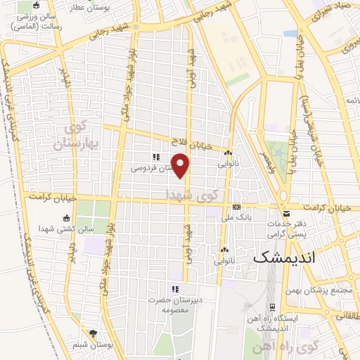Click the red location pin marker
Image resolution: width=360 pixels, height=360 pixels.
click(x=181, y=166)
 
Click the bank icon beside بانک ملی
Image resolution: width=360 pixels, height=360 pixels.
click(x=236, y=207)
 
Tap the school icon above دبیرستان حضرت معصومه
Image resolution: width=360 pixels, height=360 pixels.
click(x=175, y=289)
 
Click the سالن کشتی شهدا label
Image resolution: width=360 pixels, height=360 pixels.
click(x=71, y=229)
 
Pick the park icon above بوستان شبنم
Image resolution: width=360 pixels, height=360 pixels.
click(x=92, y=335)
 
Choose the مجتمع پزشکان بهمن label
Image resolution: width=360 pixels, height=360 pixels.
click(x=319, y=290)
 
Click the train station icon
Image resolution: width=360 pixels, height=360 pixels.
click(x=271, y=308)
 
